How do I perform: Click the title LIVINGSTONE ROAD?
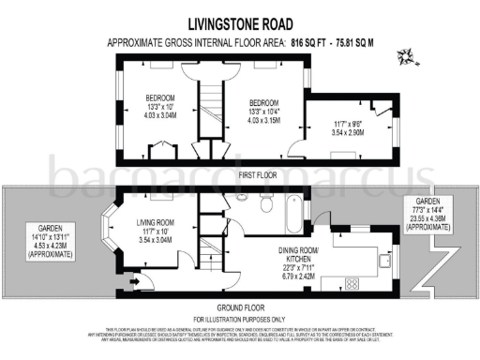click(239, 24)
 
